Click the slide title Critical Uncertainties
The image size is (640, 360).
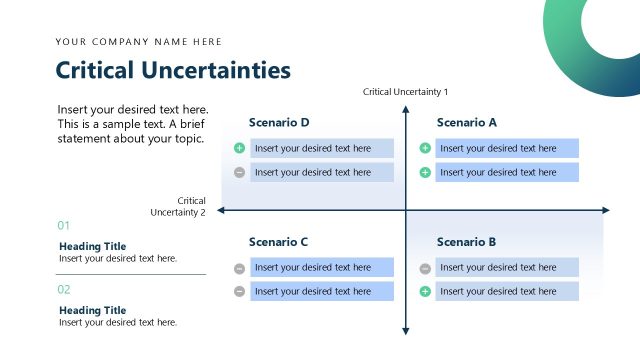click(x=173, y=70)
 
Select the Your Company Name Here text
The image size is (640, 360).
click(x=139, y=42)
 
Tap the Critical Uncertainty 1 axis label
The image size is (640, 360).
click(x=406, y=92)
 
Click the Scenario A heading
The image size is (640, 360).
click(x=466, y=123)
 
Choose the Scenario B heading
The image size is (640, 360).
click(x=466, y=242)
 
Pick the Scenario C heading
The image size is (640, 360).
click(x=278, y=242)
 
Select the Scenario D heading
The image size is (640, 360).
click(x=279, y=123)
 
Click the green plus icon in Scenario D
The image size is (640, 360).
click(x=239, y=148)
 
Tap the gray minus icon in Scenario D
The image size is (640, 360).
click(x=239, y=172)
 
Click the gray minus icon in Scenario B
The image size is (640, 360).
click(x=425, y=268)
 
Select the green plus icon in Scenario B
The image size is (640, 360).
click(x=425, y=291)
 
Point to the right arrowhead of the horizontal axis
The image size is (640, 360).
click(x=605, y=210)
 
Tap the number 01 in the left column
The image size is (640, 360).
click(x=64, y=226)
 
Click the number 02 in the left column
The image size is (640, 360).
click(x=64, y=290)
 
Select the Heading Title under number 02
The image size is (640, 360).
click(x=92, y=310)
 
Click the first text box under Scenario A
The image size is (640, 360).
click(x=507, y=148)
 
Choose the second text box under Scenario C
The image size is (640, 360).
click(x=321, y=291)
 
